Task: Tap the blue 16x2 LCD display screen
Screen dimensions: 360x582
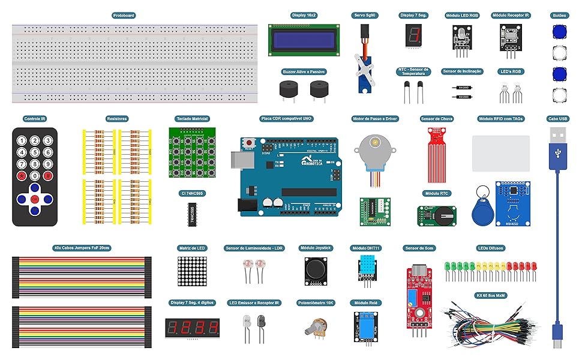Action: point(304,41)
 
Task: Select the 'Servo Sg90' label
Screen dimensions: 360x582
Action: point(364,15)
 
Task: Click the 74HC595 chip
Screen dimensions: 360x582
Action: point(193,214)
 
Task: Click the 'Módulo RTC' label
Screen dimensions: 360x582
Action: point(437,194)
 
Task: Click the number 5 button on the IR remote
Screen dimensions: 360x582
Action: point(35,152)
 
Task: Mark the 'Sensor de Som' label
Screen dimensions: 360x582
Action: point(420,248)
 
